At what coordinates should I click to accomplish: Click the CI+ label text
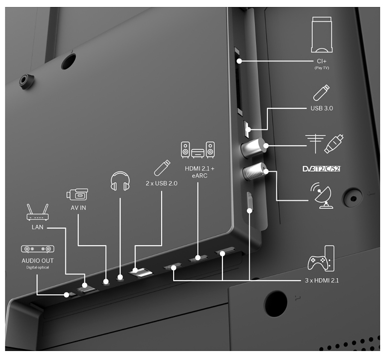pos(322,61)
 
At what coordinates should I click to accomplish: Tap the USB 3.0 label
pos(322,108)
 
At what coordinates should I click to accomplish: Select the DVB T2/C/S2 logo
pos(321,169)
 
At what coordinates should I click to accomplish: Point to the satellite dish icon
pos(322,195)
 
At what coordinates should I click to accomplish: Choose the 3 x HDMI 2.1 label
pos(322,281)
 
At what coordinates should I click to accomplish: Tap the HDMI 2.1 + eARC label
pos(199,172)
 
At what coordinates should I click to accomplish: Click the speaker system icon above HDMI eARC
pos(197,150)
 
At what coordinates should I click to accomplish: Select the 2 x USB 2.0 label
pos(162,183)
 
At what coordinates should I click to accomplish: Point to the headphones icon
pos(120,181)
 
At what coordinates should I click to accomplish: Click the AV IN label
pos(78,208)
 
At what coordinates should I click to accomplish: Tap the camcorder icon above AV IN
pos(77,194)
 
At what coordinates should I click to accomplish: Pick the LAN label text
pos(37,227)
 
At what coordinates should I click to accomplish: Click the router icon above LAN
pos(37,212)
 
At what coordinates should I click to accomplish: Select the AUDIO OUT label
pos(37,261)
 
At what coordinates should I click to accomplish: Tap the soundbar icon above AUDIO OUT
pos(37,249)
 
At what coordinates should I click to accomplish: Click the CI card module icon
pos(322,34)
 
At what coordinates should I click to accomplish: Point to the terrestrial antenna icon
pos(315,144)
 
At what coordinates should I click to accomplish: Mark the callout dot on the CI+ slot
pos(239,61)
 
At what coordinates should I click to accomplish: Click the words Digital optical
pos(37,267)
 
